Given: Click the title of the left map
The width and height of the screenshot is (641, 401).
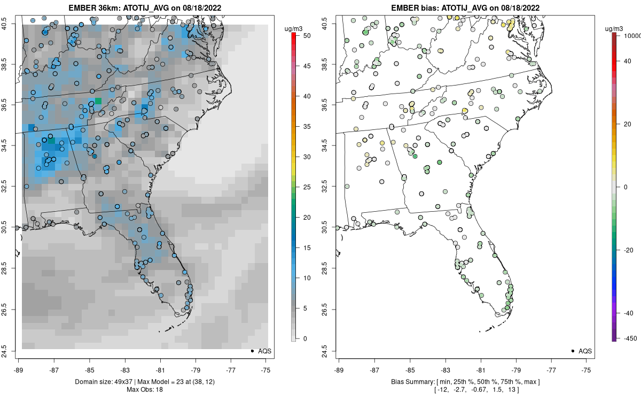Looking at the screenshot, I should click(144, 8).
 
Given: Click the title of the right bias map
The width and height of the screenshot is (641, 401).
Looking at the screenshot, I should click(464, 8).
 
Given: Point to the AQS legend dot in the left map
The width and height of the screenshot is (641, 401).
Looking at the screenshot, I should click(252, 351).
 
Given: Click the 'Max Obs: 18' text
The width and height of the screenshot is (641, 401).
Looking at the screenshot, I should click(144, 390).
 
